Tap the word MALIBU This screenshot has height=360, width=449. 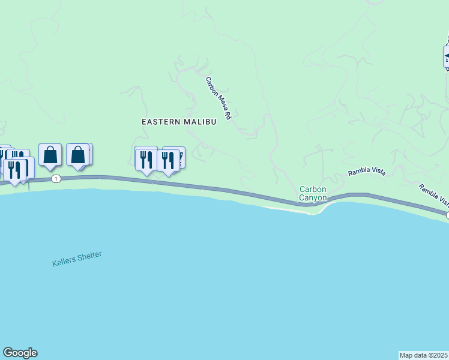coord(199,121)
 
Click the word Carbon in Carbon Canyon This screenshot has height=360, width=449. coord(313,189)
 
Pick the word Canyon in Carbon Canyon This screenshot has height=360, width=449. coord(313,197)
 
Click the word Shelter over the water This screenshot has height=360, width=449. coord(91,255)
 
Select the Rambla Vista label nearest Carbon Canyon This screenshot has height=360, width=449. coord(366,173)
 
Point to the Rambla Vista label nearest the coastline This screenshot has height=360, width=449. coord(433,193)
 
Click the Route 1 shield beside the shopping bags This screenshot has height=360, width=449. coord(56,179)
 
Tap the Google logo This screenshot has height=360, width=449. coord(20,353)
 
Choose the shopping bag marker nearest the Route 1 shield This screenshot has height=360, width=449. coord(50,155)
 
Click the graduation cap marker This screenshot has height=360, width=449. coord(447,56)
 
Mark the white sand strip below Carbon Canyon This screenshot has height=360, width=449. coord(282,209)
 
